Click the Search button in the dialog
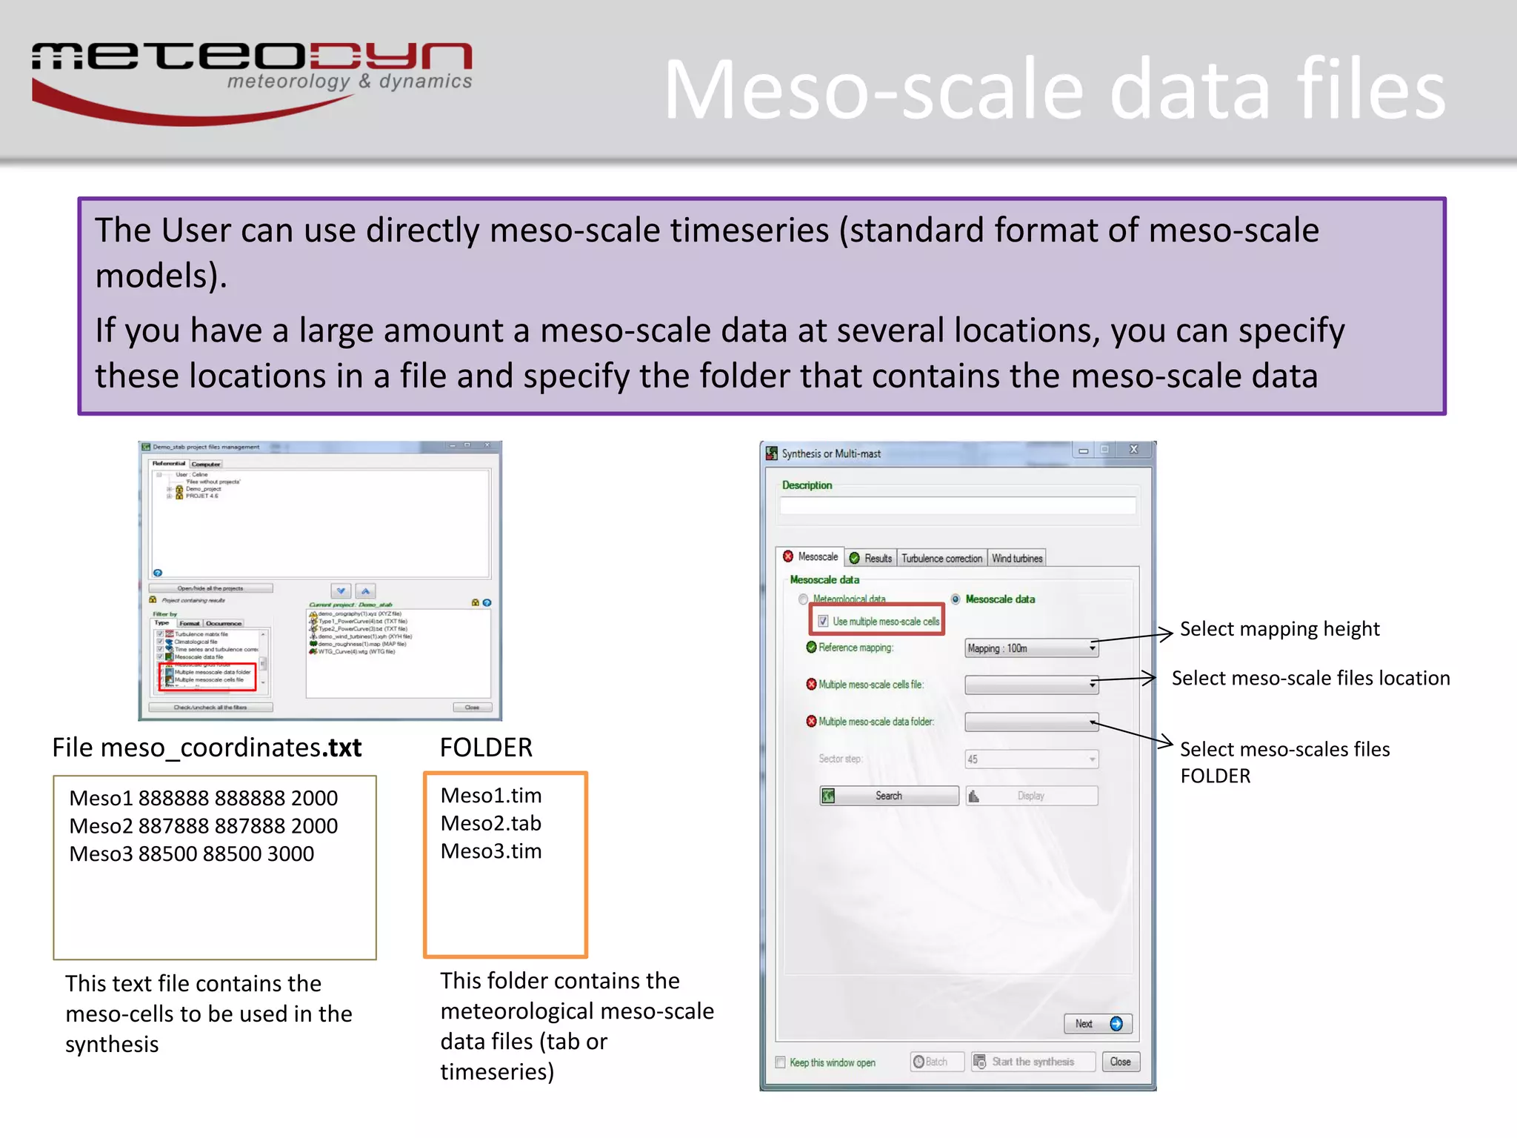[889, 796]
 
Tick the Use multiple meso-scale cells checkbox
[823, 622]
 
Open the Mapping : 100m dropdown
[1031, 648]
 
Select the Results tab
[872, 559]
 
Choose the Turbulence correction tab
[941, 559]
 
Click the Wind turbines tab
[1017, 559]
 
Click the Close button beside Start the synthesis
[1120, 1062]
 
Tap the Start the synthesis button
[1033, 1062]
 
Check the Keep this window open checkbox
[780, 1062]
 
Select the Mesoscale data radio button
[956, 599]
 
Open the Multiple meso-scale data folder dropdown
[1031, 722]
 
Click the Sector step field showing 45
[1031, 759]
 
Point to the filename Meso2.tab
[491, 824]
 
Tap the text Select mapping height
[1279, 629]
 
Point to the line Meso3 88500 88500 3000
[192, 854]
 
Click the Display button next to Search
[1031, 796]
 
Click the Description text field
[957, 506]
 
